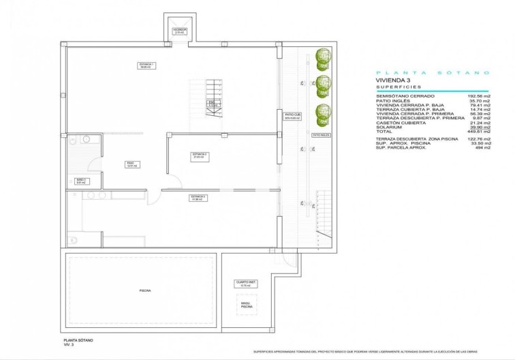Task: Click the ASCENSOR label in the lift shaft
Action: coord(180,31)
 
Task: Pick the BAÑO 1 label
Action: coord(80,181)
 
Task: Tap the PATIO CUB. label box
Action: coord(293,116)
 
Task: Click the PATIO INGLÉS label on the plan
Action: coord(321,135)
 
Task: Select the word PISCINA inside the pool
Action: coord(145,290)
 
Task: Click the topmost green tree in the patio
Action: coord(323,57)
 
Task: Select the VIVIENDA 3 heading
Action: coord(393,80)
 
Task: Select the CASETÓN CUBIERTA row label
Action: coord(399,121)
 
